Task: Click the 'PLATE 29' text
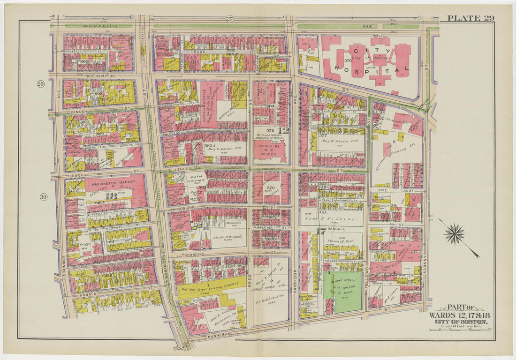tap(470, 18)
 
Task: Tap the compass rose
tap(455, 234)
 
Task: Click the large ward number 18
tap(111, 196)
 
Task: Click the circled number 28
tap(41, 84)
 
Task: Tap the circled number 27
tap(229, 19)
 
